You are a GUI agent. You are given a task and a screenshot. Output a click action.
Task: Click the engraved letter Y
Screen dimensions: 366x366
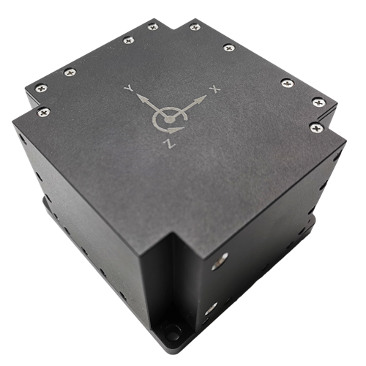point(129,88)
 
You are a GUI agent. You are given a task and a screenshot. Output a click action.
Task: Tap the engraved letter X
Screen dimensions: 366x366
point(215,89)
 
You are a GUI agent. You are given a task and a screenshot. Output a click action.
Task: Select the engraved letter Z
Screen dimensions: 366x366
point(170,143)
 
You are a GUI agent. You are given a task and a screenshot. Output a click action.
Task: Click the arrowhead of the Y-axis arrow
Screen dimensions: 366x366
point(142,98)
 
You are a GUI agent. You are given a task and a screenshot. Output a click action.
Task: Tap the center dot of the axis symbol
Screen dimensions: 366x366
point(170,119)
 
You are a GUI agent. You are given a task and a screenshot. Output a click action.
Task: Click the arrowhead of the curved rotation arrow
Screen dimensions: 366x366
point(176,130)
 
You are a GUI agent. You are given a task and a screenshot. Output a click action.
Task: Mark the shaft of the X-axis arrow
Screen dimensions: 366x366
point(185,109)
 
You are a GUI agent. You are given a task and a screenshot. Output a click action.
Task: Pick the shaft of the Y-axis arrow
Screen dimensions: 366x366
point(154,108)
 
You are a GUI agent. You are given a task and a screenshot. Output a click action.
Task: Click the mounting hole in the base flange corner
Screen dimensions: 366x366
point(171,331)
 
